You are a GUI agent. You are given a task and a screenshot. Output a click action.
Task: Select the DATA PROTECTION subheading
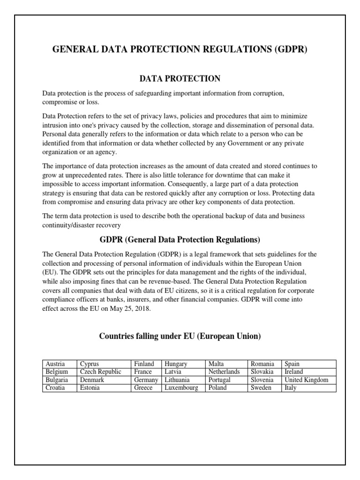pyautogui.click(x=180, y=78)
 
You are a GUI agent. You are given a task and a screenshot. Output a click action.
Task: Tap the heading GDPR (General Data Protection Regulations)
pyautogui.click(x=180, y=240)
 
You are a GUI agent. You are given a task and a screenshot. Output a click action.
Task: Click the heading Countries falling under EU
pyautogui.click(x=180, y=336)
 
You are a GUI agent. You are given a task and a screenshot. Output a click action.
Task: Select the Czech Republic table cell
pyautogui.click(x=100, y=372)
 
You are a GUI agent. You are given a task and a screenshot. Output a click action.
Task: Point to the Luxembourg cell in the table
pyautogui.click(x=181, y=388)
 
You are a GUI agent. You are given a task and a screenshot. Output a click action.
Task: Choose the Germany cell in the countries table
pyautogui.click(x=146, y=380)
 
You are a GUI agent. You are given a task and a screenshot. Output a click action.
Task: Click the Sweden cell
pyautogui.click(x=261, y=388)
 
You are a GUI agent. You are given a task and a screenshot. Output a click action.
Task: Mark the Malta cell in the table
pyautogui.click(x=217, y=364)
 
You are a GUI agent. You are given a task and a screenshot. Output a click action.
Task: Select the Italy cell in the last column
pyautogui.click(x=290, y=388)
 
